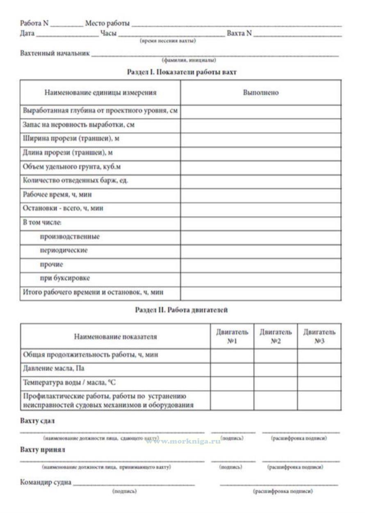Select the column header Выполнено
[260, 93]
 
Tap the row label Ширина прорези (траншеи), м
[71, 139]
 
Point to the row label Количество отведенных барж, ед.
[75, 181]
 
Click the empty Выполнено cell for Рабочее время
[260, 195]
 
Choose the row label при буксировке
[65, 278]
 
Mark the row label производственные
[70, 237]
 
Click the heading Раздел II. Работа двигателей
[181, 310]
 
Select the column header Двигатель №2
[276, 336]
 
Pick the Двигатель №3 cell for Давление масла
[319, 369]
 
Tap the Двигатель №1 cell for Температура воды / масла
[232, 383]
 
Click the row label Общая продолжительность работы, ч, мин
[91, 355]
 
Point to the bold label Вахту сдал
[37, 421]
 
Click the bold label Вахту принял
[43, 450]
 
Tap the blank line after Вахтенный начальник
[215, 55]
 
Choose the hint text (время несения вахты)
[168, 41]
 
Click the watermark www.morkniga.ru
[183, 441]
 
